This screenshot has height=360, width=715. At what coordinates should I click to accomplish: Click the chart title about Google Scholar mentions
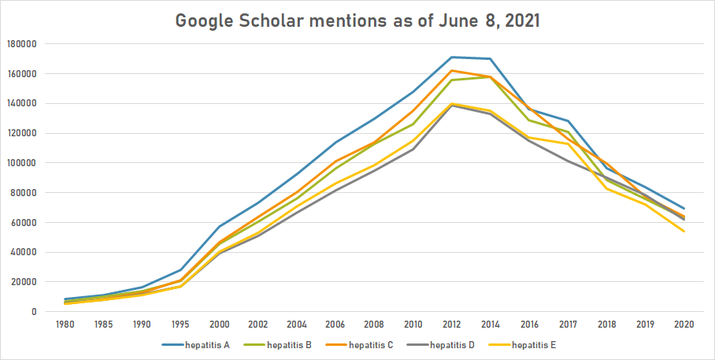pyautogui.click(x=357, y=20)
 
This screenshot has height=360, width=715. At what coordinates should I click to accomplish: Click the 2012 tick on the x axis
pyautogui.click(x=451, y=324)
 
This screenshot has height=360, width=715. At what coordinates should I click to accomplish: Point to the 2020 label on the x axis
pyautogui.click(x=683, y=324)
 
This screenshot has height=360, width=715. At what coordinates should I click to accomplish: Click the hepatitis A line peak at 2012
pyautogui.click(x=451, y=57)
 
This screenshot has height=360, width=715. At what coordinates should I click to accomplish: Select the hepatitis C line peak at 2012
pyautogui.click(x=451, y=71)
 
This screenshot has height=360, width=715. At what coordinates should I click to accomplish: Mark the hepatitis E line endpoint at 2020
pyautogui.click(x=683, y=231)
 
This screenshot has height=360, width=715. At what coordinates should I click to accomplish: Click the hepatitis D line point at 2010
pyautogui.click(x=413, y=149)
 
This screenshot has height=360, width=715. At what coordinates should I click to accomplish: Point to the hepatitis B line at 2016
pyautogui.click(x=528, y=120)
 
